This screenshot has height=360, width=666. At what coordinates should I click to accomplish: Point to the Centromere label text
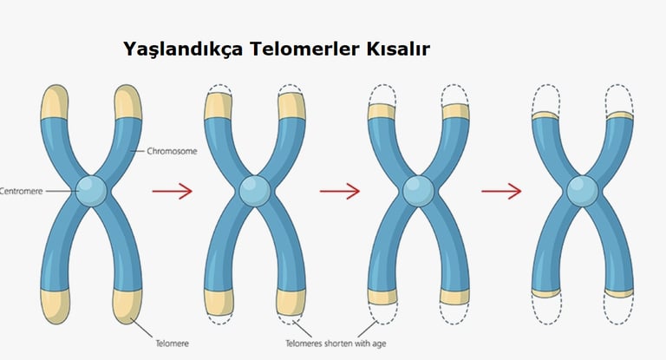[19, 190]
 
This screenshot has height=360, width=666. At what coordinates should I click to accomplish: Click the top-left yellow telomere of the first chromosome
[54, 102]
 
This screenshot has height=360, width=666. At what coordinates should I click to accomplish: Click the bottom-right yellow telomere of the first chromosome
[127, 304]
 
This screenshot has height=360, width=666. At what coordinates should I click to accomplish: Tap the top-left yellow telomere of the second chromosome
[217, 104]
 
